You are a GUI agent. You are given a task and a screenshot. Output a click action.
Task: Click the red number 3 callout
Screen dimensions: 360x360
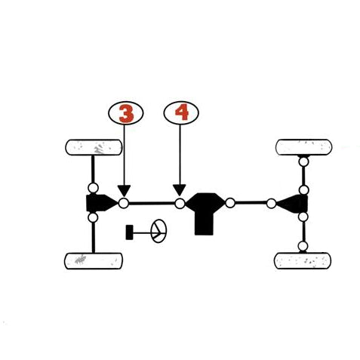(126, 113)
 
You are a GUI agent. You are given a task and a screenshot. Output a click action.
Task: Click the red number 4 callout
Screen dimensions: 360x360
(181, 113)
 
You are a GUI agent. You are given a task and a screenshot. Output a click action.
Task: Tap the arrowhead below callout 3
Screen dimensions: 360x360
(124, 191)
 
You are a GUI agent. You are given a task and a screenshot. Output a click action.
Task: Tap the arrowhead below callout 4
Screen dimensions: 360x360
(180, 190)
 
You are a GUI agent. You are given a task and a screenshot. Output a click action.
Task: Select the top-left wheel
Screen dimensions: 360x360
(94, 147)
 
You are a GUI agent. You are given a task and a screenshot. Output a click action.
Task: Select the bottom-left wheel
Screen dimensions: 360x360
(94, 261)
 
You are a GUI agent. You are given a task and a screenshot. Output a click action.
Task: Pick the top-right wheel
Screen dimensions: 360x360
(304, 147)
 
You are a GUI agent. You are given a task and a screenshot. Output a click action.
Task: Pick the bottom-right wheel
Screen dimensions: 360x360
(303, 260)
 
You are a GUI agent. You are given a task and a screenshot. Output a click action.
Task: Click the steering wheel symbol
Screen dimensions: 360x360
(158, 231)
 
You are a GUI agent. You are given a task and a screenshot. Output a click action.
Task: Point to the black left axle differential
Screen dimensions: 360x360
(101, 203)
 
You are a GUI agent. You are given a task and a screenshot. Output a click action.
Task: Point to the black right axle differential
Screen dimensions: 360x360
(293, 204)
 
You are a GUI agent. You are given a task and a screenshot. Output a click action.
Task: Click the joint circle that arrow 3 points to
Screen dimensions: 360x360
(124, 203)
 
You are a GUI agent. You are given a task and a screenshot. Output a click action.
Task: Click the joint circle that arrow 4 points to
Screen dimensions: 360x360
(180, 204)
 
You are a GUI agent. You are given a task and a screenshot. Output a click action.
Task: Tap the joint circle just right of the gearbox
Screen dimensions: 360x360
(230, 203)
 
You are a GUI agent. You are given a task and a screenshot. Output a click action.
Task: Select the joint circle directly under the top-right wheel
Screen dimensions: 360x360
(304, 162)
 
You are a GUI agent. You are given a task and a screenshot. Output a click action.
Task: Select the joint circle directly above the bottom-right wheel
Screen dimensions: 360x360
(303, 246)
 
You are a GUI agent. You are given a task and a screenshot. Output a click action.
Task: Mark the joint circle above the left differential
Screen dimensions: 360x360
(93, 188)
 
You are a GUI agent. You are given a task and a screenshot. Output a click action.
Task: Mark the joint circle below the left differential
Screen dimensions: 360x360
(93, 217)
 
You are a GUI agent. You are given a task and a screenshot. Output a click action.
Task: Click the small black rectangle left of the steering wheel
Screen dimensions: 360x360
(129, 232)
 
